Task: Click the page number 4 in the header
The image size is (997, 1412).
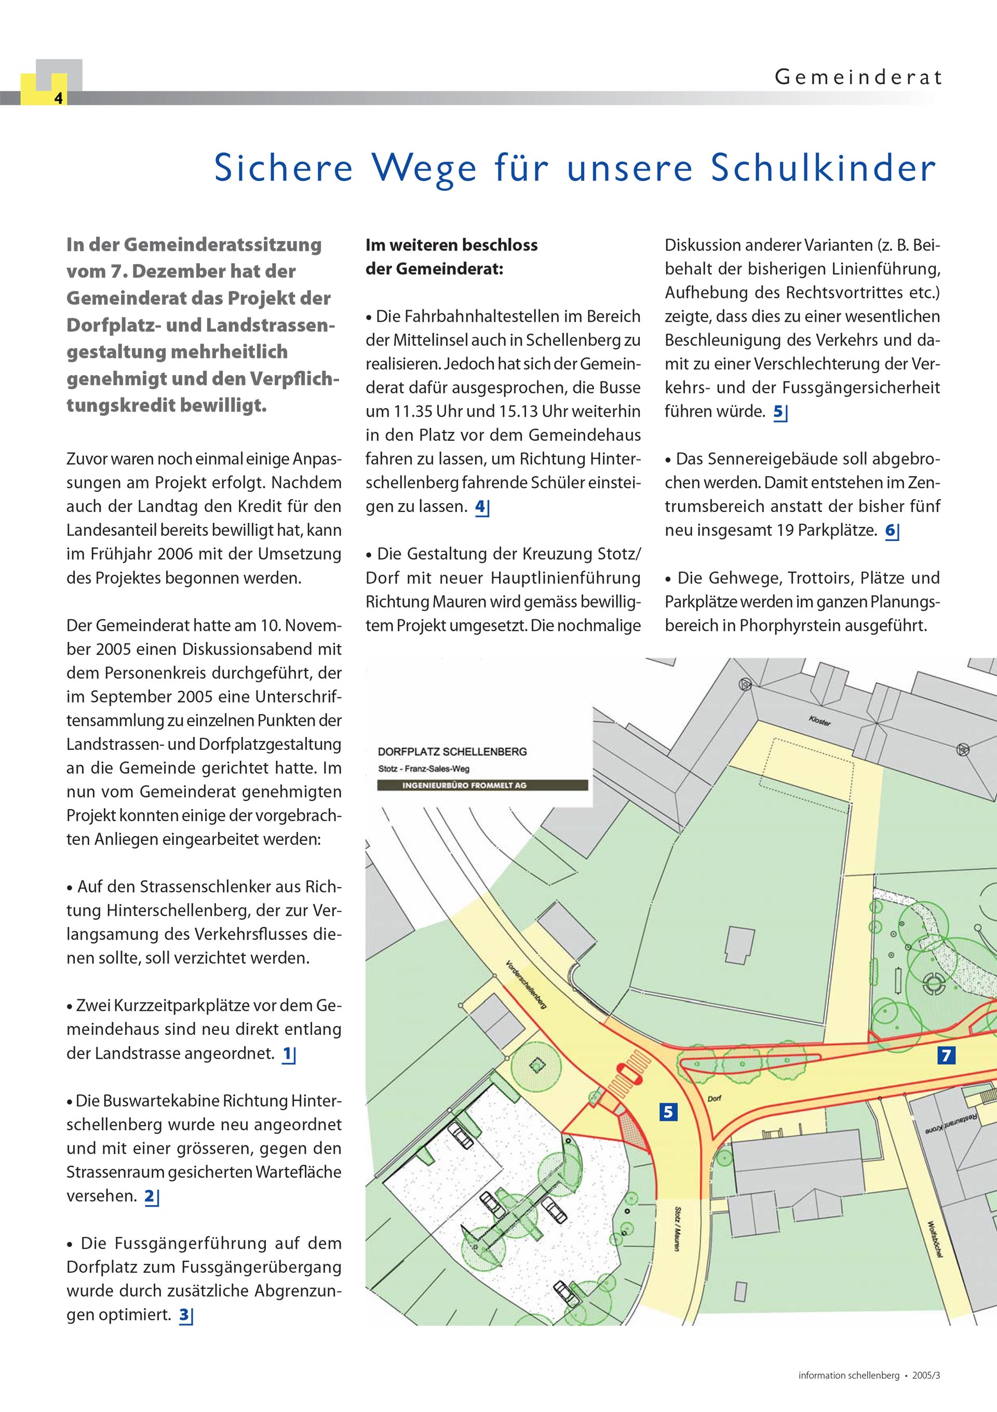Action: tap(58, 98)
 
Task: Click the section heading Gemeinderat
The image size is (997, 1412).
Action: tap(857, 77)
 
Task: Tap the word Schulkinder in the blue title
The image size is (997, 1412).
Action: tap(824, 167)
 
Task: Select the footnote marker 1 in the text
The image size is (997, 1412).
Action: tap(288, 1054)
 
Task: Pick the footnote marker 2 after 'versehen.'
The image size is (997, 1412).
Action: tap(150, 1196)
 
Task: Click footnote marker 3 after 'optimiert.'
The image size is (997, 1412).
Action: tap(184, 1315)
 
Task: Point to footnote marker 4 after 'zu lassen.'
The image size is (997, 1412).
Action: tap(481, 507)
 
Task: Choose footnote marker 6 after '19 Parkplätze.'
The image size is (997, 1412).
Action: tap(891, 531)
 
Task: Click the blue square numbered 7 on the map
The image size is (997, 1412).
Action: tap(946, 1056)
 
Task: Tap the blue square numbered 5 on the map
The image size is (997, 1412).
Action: tap(668, 1112)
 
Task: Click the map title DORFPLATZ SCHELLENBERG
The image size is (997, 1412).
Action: tap(452, 751)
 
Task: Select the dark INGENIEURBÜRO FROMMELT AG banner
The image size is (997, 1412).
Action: tap(482, 785)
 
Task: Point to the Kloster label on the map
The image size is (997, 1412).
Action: tap(820, 721)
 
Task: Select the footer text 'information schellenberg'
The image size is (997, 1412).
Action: tap(848, 1376)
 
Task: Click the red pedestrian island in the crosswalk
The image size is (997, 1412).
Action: tap(631, 1074)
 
